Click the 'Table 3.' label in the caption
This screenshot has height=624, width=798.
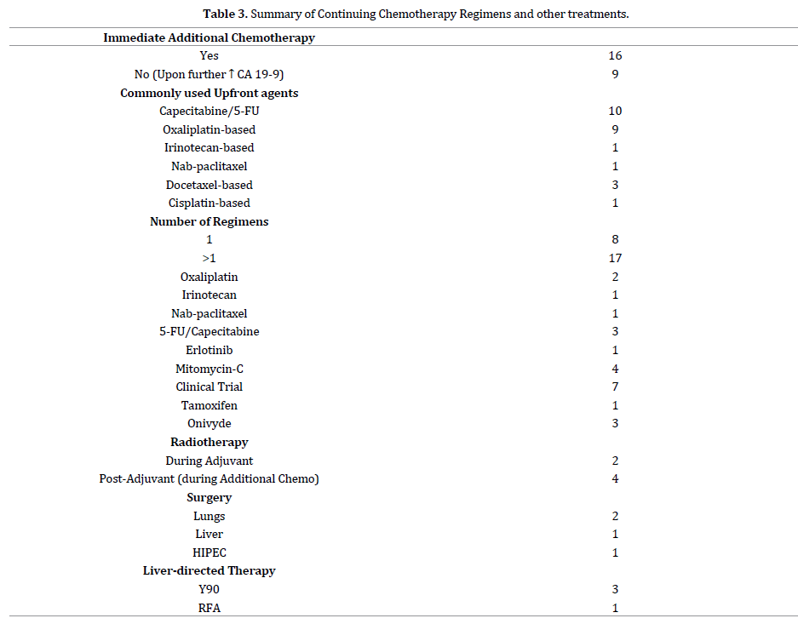click(227, 14)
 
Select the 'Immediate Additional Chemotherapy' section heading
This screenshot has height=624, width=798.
click(209, 37)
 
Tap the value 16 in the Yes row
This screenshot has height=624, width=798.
click(615, 56)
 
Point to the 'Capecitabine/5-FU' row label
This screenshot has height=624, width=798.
click(209, 112)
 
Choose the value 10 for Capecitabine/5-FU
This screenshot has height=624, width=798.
click(615, 112)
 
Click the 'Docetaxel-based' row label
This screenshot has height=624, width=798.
click(209, 185)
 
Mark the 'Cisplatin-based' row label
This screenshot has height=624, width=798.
click(209, 203)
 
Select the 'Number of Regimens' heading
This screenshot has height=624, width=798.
click(209, 222)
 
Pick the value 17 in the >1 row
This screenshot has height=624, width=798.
click(615, 258)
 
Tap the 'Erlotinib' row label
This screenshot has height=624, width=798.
click(209, 350)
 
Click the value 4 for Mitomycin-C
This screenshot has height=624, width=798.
click(615, 369)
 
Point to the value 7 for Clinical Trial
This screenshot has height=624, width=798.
click(615, 387)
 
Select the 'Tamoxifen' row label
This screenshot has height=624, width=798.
click(209, 406)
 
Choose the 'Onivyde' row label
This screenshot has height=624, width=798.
click(209, 424)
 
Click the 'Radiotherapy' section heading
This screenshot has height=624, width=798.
click(209, 443)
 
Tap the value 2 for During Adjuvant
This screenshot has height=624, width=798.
click(615, 461)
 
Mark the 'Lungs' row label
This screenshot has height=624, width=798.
click(209, 516)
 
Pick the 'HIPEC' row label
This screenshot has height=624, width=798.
click(209, 553)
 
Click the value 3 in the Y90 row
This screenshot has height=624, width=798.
click(615, 589)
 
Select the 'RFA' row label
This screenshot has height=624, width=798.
click(209, 608)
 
